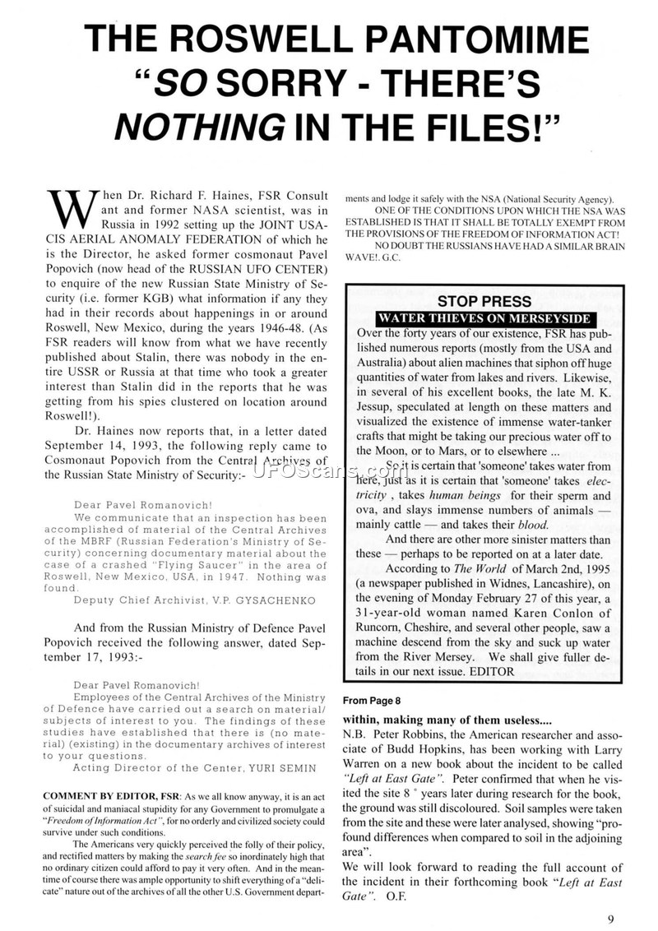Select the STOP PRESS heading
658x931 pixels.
click(x=484, y=301)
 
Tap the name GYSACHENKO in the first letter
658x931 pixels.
click(x=257, y=600)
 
